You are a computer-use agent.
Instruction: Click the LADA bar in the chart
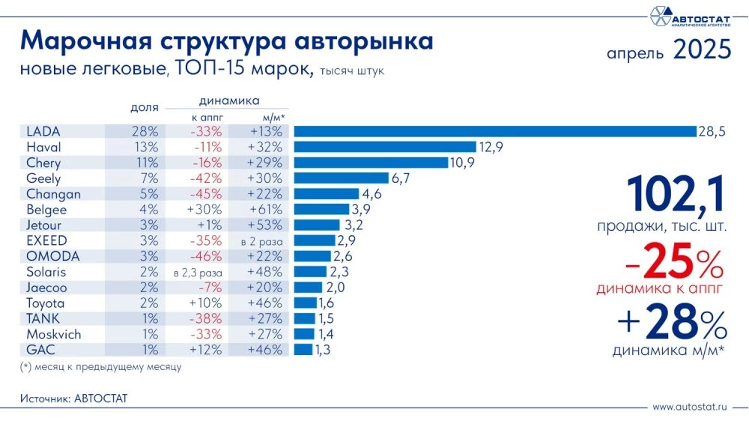pyautogui.click(x=494, y=132)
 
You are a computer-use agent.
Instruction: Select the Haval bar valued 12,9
pyautogui.click(x=385, y=147)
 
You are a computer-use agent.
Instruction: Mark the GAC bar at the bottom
pyautogui.click(x=303, y=350)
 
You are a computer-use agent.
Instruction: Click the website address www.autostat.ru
pyautogui.click(x=690, y=407)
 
